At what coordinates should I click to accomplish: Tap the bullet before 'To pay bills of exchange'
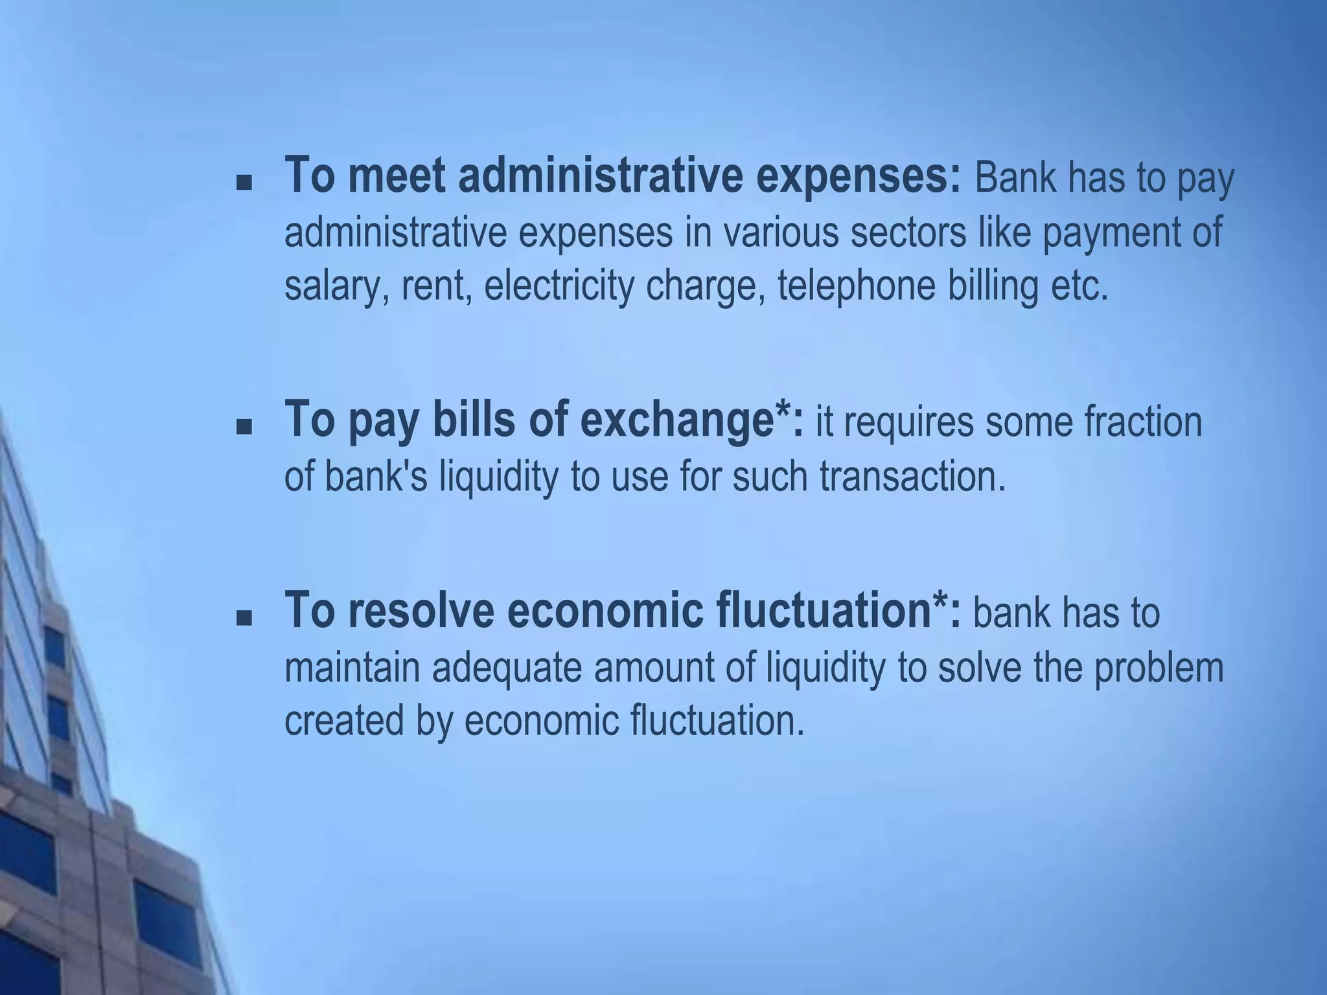point(244,427)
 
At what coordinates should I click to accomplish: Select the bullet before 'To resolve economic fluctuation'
point(244,619)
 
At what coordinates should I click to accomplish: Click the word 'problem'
point(1159,668)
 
